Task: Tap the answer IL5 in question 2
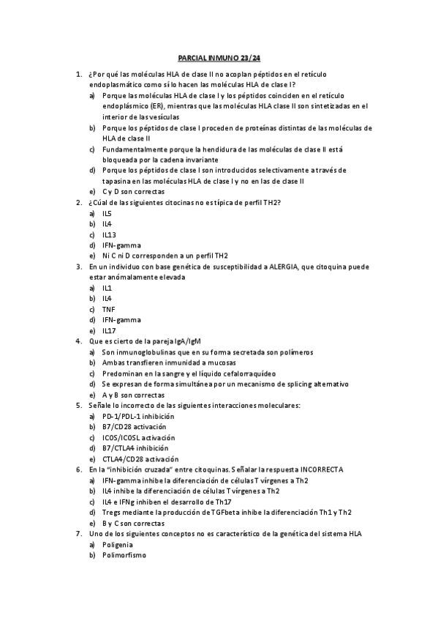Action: tap(107, 213)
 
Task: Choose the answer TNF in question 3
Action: tap(108, 309)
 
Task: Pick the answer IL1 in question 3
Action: tap(107, 288)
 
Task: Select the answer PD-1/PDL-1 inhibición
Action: tap(139, 416)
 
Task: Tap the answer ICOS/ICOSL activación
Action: tap(139, 437)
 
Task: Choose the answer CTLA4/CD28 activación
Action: tap(141, 458)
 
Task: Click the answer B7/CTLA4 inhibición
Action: tap(135, 448)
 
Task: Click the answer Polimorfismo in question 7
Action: tap(124, 555)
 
